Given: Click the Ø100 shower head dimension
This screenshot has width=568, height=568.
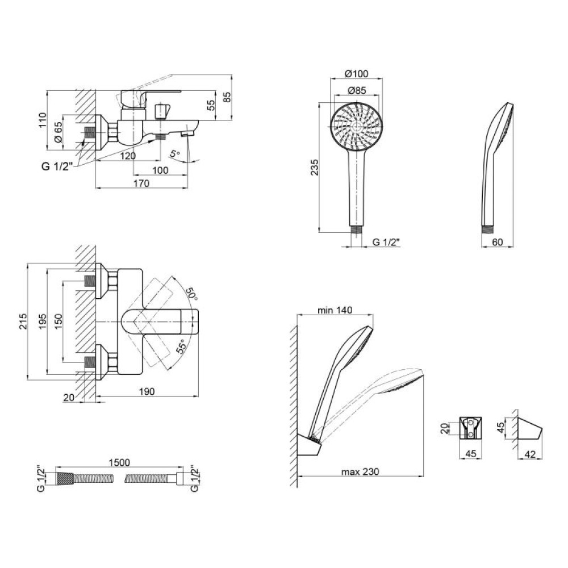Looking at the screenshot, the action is (x=357, y=73).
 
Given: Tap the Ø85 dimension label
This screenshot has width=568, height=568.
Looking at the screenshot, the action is (x=357, y=90).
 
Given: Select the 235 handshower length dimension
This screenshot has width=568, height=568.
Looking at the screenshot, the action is (x=315, y=168).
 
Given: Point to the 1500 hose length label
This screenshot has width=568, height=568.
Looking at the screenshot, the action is (x=119, y=462).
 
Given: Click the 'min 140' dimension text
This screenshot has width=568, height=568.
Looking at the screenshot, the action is (x=335, y=310).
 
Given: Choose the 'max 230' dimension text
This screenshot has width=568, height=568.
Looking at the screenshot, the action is (x=360, y=472).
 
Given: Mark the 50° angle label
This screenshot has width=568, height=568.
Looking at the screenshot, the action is (x=191, y=294).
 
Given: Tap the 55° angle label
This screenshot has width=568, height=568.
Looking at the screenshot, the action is (x=182, y=346).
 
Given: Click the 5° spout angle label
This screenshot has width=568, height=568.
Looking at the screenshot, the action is (x=175, y=153).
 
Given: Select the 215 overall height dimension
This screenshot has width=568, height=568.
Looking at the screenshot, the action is (x=23, y=321).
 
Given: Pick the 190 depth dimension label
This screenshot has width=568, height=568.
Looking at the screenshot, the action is (x=147, y=391).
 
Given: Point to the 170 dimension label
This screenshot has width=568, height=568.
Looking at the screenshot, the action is (x=141, y=183).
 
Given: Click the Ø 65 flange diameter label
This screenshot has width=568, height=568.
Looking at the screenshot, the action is (x=59, y=132).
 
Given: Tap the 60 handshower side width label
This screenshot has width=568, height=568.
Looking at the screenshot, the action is (x=498, y=242).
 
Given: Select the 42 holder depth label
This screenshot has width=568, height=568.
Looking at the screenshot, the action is (x=530, y=454).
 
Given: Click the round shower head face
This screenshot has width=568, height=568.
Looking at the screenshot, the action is (x=357, y=127).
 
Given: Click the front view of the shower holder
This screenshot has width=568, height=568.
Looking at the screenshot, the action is (x=471, y=428).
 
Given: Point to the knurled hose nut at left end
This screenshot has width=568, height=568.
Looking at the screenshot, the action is (x=65, y=478).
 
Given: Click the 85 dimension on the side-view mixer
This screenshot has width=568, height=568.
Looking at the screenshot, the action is (x=227, y=97).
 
